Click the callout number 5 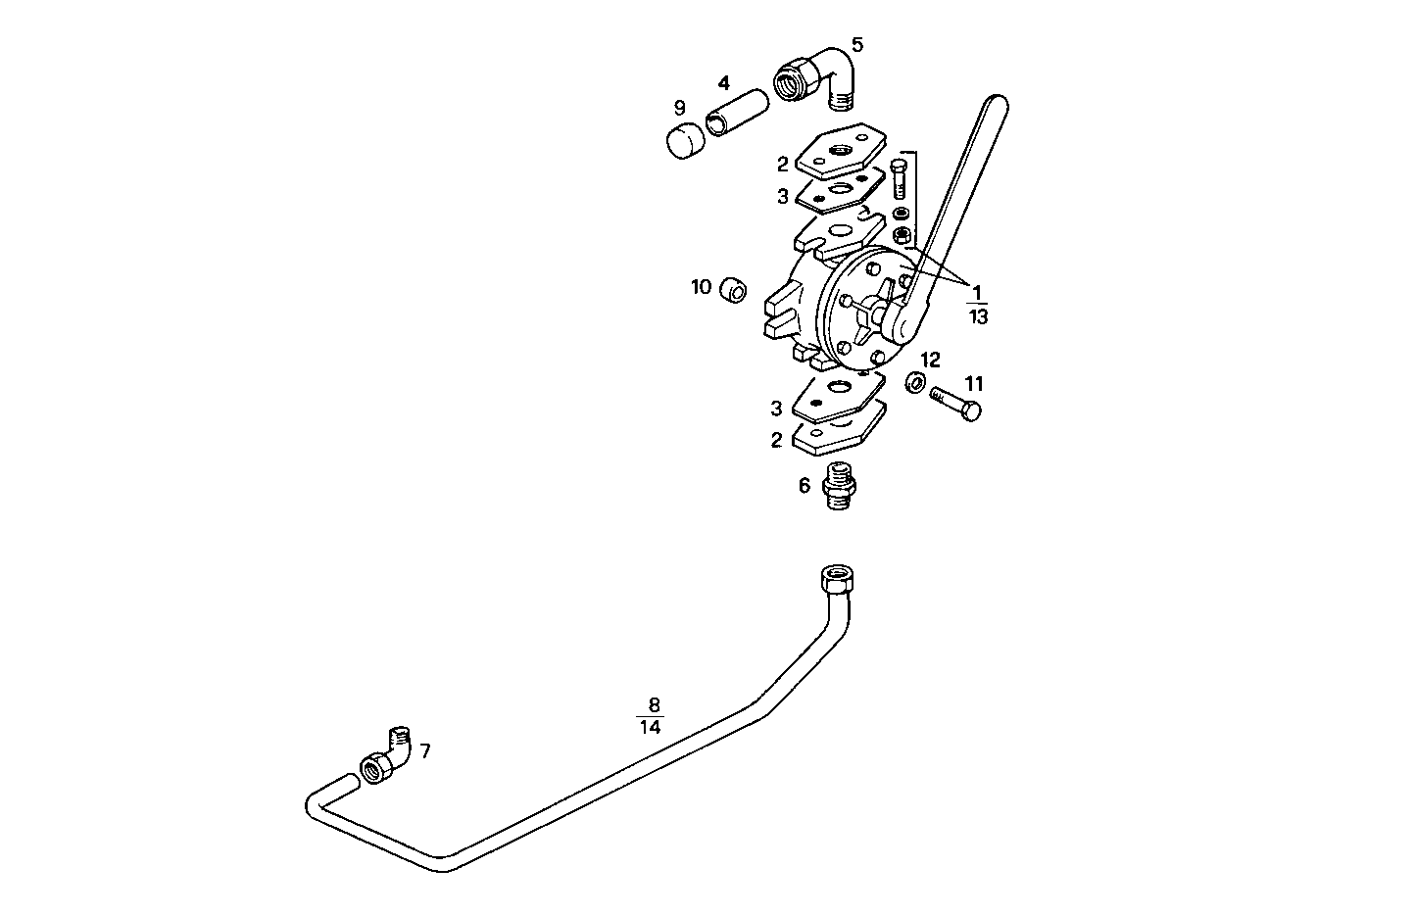[x=857, y=44]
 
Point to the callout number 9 [x=679, y=108]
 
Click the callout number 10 [x=701, y=287]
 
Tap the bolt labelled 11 [x=956, y=403]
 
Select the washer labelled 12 [x=915, y=381]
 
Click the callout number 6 [x=805, y=485]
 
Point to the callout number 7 [x=424, y=751]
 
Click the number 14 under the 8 [x=650, y=727]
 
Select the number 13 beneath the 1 [x=978, y=316]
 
